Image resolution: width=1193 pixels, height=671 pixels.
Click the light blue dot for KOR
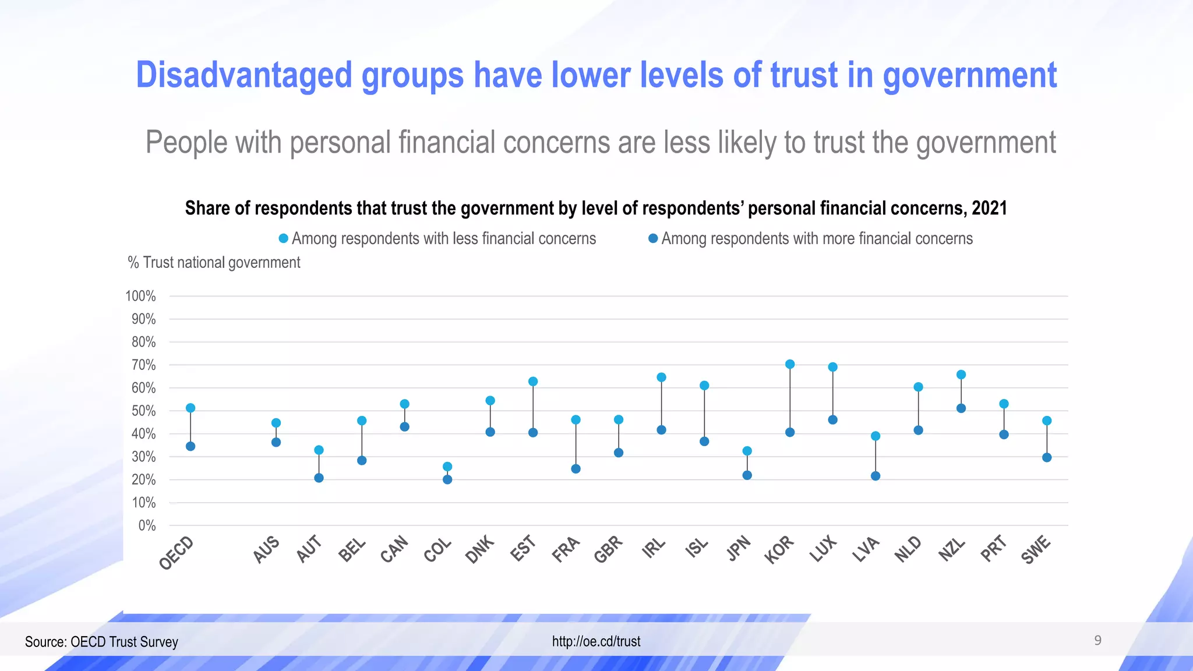790,364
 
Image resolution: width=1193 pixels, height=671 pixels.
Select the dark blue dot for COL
447,479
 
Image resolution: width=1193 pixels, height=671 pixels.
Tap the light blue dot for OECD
190,408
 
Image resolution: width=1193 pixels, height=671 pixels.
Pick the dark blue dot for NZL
961,408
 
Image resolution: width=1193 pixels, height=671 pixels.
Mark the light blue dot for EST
533,382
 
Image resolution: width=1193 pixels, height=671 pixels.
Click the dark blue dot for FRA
576,469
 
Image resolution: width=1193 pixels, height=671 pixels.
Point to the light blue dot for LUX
833,367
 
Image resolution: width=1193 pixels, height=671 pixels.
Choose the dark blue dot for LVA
876,476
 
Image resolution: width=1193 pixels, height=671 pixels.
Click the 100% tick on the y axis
140,296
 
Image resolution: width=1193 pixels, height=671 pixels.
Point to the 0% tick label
147,525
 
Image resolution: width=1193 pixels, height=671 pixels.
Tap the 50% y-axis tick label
143,411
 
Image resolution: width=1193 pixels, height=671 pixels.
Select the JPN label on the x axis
739,549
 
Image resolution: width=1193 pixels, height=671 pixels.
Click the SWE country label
1036,550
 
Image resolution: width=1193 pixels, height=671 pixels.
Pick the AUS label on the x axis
266,550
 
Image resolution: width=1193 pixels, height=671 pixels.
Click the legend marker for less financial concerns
284,238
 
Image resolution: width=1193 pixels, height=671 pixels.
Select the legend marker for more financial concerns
653,238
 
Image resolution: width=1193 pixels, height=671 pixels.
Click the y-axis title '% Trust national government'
214,263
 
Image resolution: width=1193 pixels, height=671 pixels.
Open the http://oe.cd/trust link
596,641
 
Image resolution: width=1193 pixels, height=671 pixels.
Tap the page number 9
1097,641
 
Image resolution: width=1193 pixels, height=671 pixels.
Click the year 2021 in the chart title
989,208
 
